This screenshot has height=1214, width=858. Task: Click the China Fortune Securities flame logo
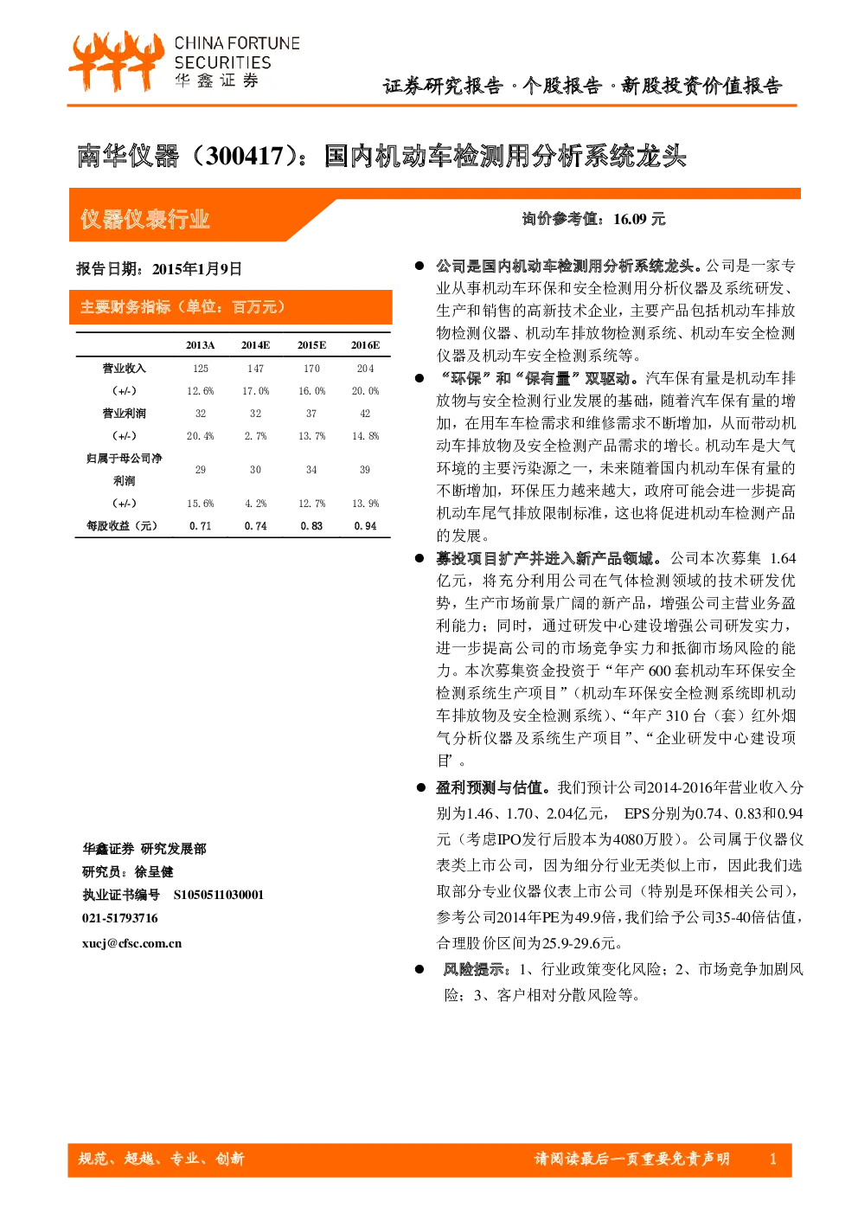point(116,61)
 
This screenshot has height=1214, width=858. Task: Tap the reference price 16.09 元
point(639,219)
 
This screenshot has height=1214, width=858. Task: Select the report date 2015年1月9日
point(197,269)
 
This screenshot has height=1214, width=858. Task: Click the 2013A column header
point(201,345)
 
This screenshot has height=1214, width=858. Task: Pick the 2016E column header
point(366,345)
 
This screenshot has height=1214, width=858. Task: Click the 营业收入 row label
point(124,369)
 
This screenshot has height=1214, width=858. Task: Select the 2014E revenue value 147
point(256,369)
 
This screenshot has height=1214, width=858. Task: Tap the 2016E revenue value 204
point(366,369)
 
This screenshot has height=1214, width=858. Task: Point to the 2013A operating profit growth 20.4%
point(201,436)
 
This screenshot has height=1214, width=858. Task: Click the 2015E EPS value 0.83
point(311,526)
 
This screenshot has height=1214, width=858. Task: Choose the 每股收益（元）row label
point(122,526)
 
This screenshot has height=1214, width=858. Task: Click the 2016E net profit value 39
point(365,469)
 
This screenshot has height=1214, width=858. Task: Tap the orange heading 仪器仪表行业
point(145,220)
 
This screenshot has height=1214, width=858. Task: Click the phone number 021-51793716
point(119,918)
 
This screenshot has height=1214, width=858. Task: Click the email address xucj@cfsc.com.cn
point(131,943)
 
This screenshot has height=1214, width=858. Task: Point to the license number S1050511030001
point(218,895)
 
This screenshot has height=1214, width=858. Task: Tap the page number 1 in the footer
point(773,1159)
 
